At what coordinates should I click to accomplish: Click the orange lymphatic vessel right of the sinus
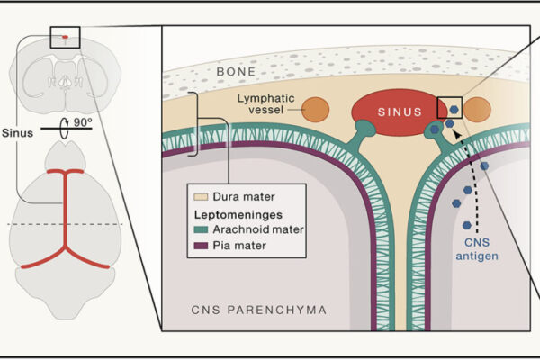[478, 110]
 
